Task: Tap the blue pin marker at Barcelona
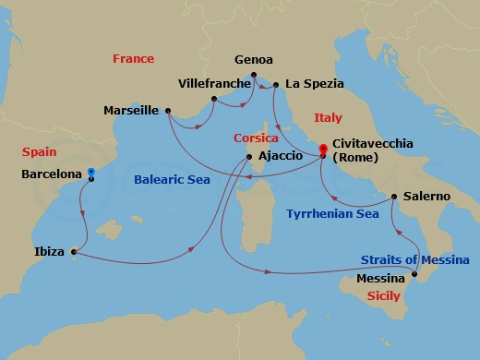[x=90, y=172]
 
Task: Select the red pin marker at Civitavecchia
[x=321, y=150]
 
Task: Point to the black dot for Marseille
[x=168, y=112]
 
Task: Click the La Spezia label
[x=314, y=84]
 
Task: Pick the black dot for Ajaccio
[x=248, y=157]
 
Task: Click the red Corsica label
[x=255, y=138]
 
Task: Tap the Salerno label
[x=427, y=197]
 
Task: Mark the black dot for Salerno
[x=394, y=197]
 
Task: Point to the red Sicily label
[x=383, y=296]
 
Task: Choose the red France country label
[x=133, y=58]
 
